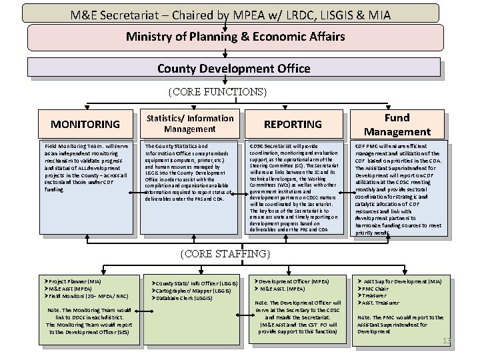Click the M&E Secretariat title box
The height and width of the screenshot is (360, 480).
239,13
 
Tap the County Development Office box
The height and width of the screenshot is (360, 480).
233,68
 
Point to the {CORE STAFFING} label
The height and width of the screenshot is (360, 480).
226,253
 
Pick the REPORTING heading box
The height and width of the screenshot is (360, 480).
293,124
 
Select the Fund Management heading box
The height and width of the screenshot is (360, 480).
397,124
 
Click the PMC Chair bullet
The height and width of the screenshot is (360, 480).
380,289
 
